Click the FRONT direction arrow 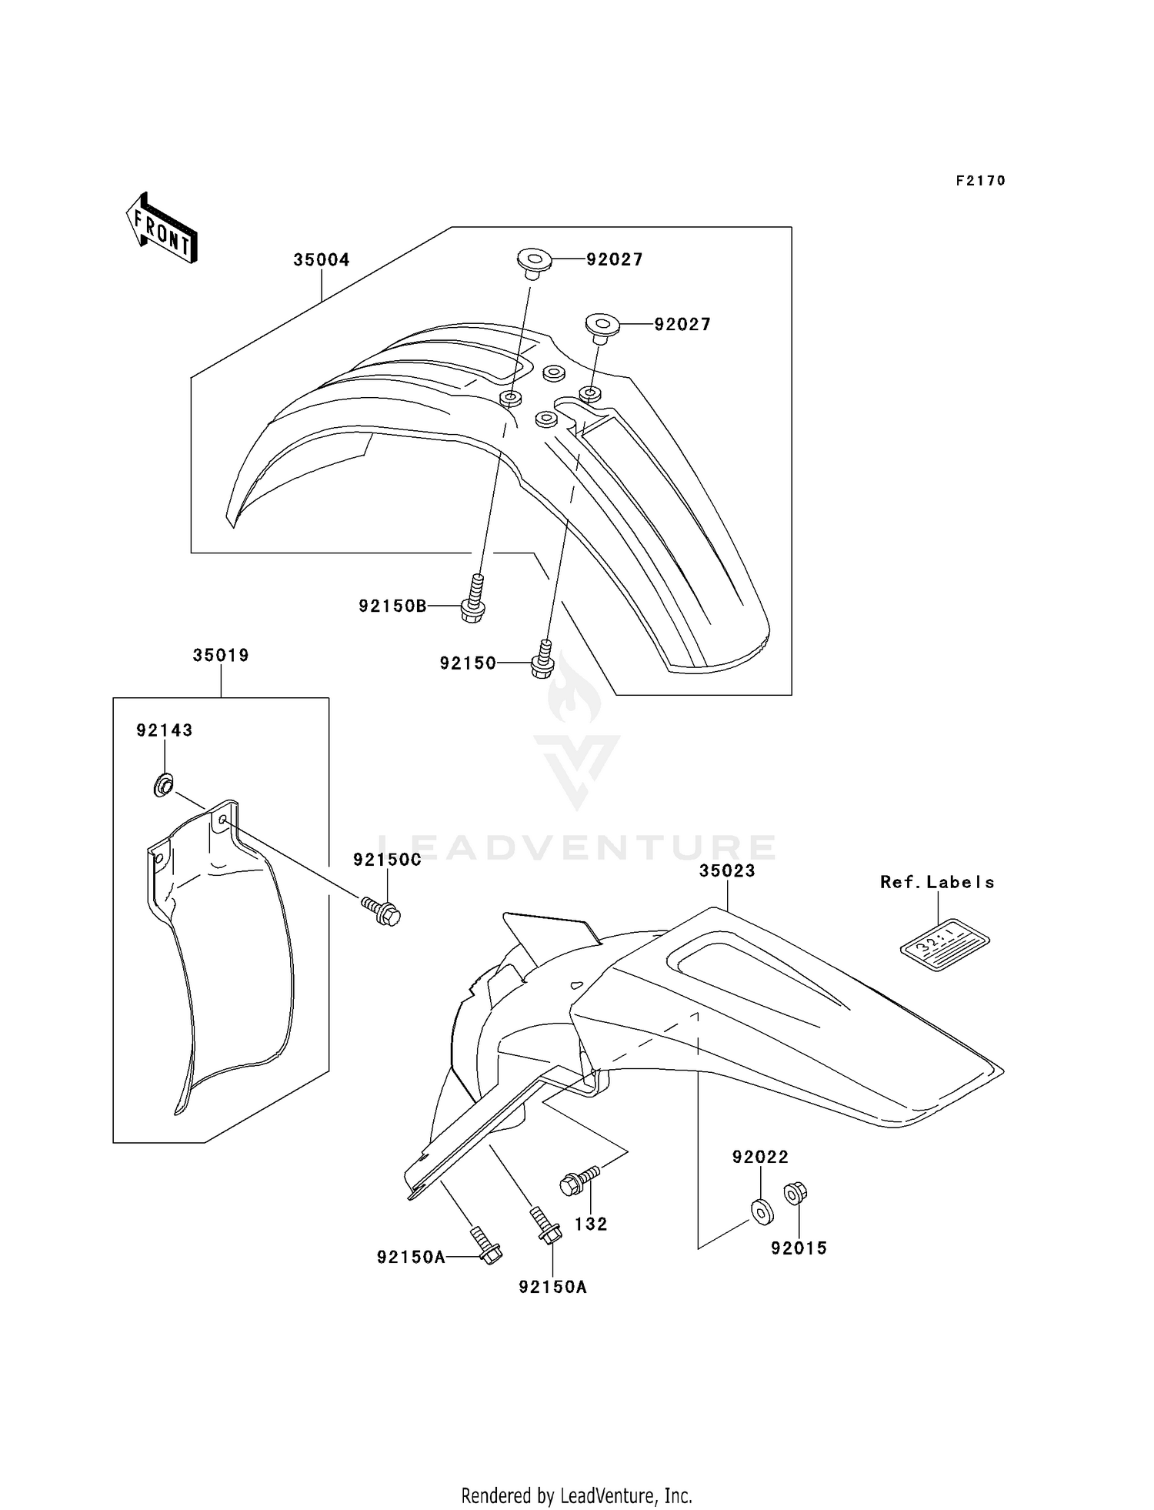click(162, 229)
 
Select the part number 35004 click(321, 260)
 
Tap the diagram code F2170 click(980, 181)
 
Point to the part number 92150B click(392, 606)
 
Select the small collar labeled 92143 click(162, 787)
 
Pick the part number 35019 click(221, 656)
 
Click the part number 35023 click(727, 870)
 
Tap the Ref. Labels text click(937, 883)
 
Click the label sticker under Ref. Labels click(945, 944)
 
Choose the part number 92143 click(164, 730)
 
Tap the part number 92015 click(799, 1248)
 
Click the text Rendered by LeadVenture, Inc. click(576, 1495)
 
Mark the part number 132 click(591, 1224)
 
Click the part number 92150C click(387, 860)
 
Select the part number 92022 click(760, 1157)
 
